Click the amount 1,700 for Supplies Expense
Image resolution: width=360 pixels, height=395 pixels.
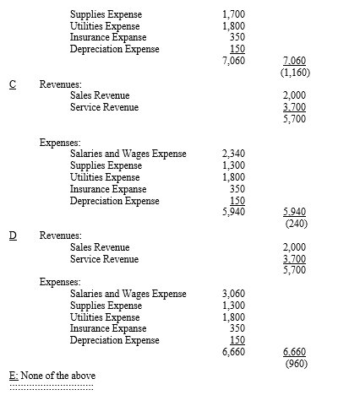click(232, 15)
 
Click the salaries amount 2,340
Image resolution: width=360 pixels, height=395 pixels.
click(232, 155)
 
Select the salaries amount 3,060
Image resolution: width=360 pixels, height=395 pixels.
click(232, 294)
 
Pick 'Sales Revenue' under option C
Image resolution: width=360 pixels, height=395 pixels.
click(100, 96)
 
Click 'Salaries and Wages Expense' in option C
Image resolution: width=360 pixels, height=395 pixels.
click(128, 155)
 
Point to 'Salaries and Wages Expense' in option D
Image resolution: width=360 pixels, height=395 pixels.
click(128, 294)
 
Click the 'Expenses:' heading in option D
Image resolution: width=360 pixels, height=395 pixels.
click(59, 283)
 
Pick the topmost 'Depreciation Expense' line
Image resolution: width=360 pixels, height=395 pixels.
click(114, 48)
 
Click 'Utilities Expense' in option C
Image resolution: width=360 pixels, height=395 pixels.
click(105, 178)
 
